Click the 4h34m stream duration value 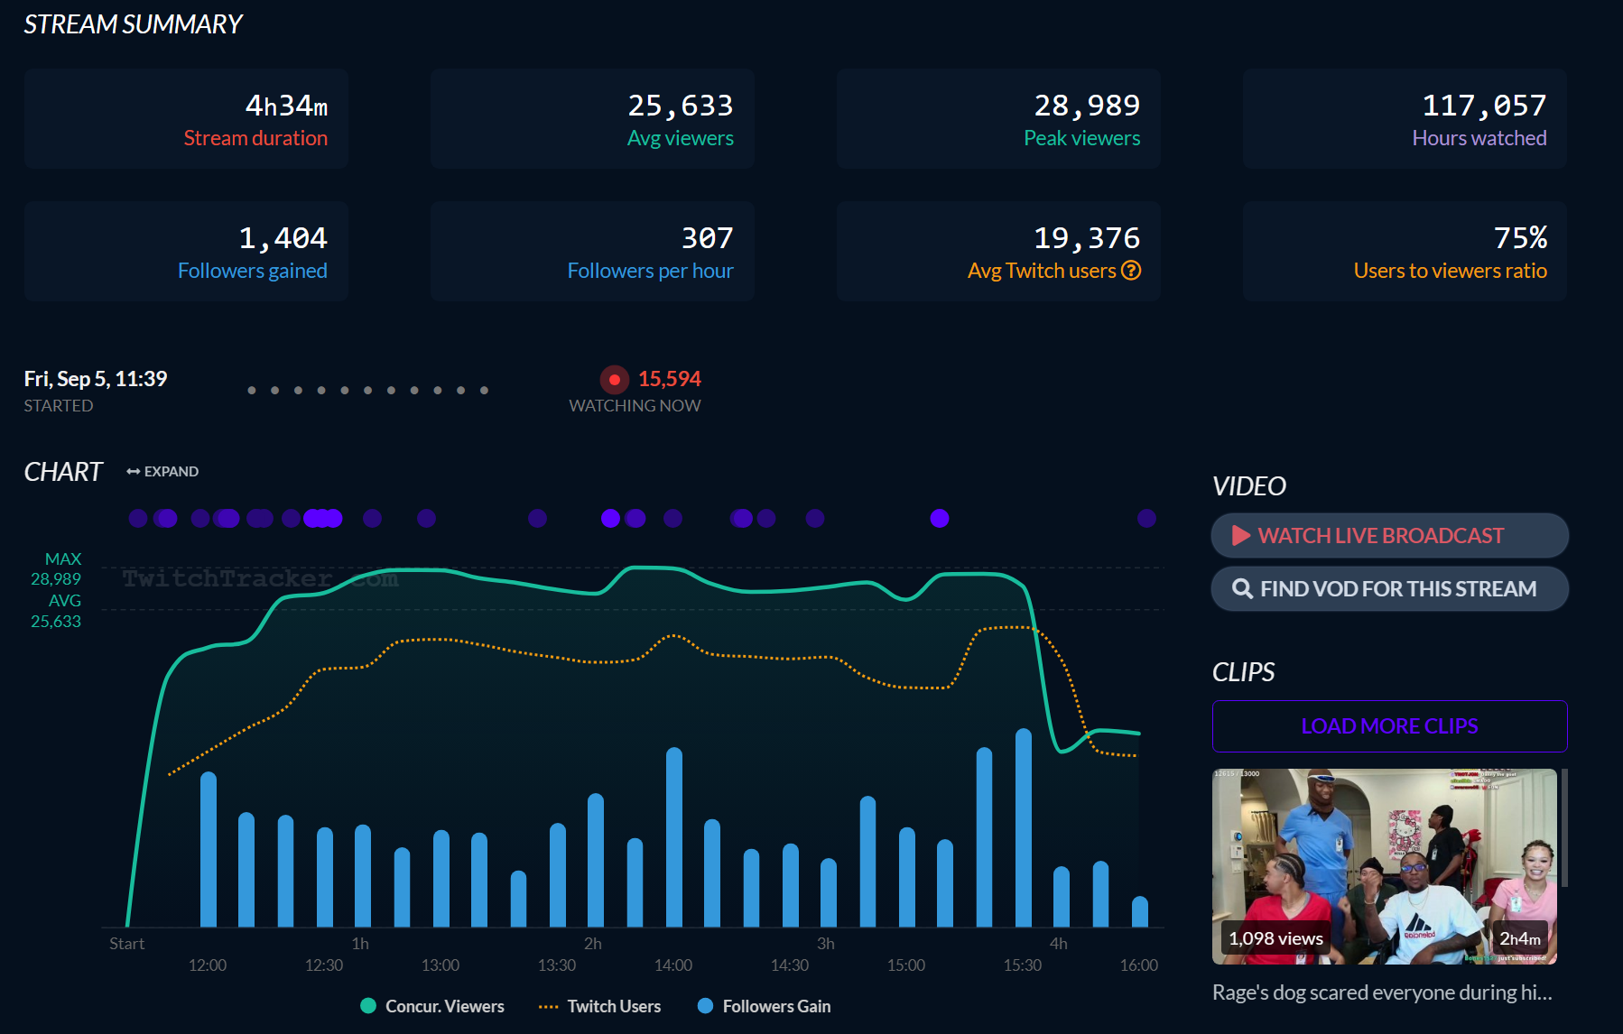pos(286,106)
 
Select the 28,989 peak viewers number pos(1087,106)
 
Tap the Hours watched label pos(1479,138)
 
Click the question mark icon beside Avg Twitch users pos(1131,270)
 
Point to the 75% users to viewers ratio pos(1520,238)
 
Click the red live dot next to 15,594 pos(614,380)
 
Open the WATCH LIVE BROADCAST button pos(1389,536)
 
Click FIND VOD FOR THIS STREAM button pos(1389,589)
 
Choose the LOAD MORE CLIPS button pos(1389,726)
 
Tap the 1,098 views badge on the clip pos(1275,938)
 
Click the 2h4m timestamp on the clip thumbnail pos(1520,938)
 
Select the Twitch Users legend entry pos(600,1006)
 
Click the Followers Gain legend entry pos(765,1006)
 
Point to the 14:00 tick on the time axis pos(673,965)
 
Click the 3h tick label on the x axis pos(826,944)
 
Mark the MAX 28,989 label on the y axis pos(56,569)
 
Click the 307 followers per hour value pos(707,238)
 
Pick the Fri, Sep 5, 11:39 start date pos(96,379)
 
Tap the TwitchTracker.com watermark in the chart pos(260,578)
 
